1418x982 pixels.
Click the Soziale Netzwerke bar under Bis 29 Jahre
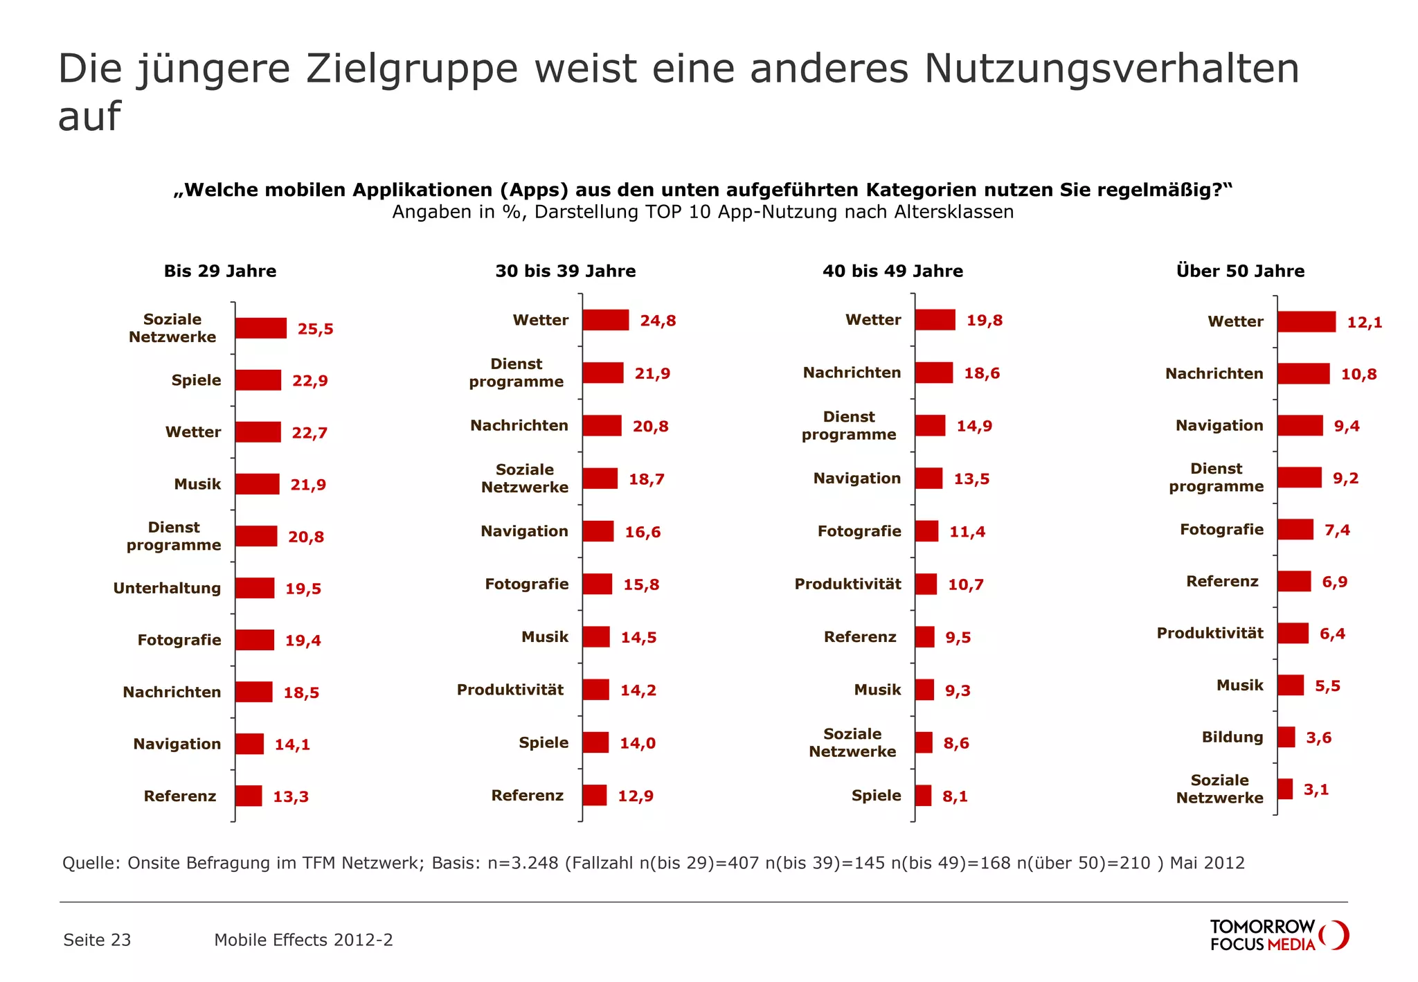click(260, 328)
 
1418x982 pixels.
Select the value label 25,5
click(315, 329)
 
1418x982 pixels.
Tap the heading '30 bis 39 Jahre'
click(565, 271)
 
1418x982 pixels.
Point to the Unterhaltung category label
click(167, 588)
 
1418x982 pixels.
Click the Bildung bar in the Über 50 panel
click(1286, 737)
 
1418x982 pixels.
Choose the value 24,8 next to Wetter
click(658, 321)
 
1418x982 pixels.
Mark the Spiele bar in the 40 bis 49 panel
click(923, 796)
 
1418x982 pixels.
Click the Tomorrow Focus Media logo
click(1278, 935)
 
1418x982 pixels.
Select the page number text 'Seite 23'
click(97, 940)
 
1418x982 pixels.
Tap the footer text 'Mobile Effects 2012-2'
click(303, 940)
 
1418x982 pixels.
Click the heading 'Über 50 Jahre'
click(1240, 271)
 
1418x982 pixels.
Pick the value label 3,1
click(1316, 789)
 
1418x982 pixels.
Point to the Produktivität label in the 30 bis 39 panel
click(510, 690)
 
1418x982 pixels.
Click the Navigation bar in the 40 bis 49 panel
click(928, 479)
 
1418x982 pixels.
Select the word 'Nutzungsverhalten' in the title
click(1111, 69)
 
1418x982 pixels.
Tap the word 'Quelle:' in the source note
click(91, 863)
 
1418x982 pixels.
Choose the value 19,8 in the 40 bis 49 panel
click(984, 321)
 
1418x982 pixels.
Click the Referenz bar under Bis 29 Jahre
click(248, 796)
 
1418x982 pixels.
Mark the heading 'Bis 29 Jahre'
click(219, 271)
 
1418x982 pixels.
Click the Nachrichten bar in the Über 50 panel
click(1303, 374)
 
